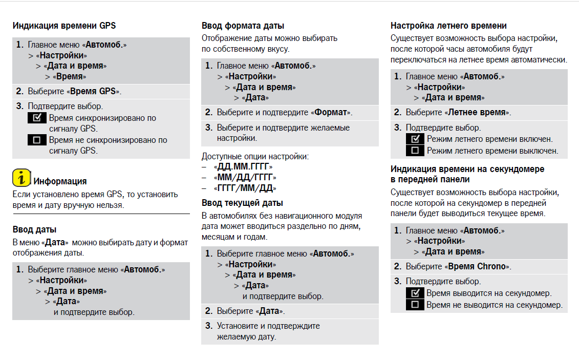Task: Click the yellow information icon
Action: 21,177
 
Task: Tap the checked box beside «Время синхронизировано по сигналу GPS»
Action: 37,118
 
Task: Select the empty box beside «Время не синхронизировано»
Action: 37,140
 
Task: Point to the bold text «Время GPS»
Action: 93,92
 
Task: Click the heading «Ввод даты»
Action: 34,229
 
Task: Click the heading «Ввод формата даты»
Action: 243,26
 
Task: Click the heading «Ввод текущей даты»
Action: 242,203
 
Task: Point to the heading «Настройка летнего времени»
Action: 448,26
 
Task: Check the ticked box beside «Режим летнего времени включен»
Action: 415,139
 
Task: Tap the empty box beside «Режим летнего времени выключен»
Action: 415,151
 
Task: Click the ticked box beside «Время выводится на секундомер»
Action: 415,293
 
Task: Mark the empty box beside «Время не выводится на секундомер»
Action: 415,305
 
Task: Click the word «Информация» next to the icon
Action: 60,181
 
